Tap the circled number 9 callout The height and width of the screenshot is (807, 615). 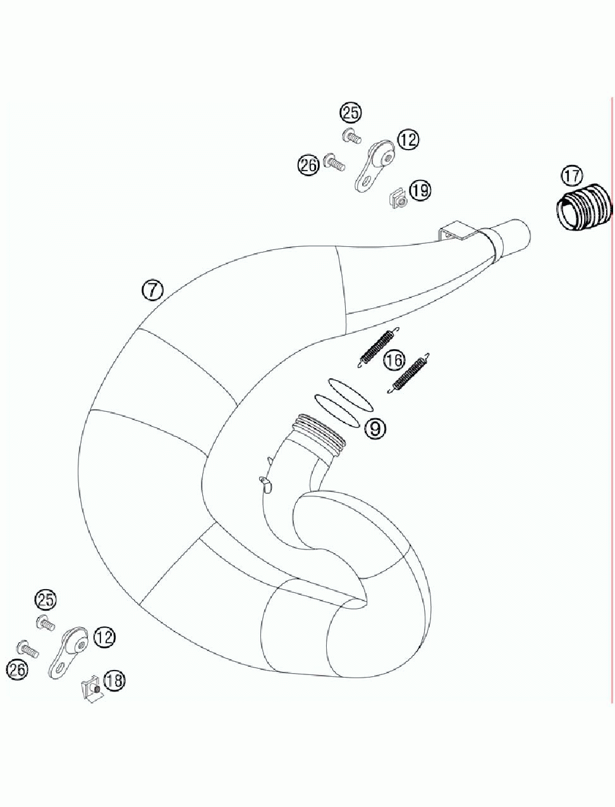click(375, 429)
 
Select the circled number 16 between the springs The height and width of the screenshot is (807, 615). click(394, 361)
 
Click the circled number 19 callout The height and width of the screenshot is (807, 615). click(420, 189)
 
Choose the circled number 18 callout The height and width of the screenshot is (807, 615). click(114, 680)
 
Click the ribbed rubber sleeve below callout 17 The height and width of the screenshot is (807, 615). click(585, 207)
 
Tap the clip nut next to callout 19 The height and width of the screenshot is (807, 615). click(398, 200)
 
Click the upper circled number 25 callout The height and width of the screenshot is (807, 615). click(351, 113)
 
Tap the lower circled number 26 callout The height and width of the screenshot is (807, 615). click(17, 669)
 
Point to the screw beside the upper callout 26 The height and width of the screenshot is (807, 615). click(334, 162)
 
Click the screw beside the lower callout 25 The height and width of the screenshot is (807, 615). click(46, 623)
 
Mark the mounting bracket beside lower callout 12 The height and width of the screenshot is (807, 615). click(68, 653)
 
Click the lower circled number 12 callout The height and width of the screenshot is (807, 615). click(104, 637)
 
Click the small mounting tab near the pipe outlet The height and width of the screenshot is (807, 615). click(457, 231)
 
